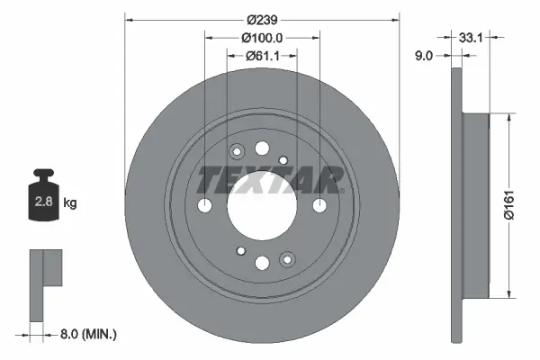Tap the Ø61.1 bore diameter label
[x=262, y=55]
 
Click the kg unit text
[x=70, y=203]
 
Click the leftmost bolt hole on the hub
[x=204, y=206]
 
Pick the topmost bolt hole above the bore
[x=262, y=148]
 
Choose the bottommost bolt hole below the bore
[x=262, y=263]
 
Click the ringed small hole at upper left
[x=238, y=151]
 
